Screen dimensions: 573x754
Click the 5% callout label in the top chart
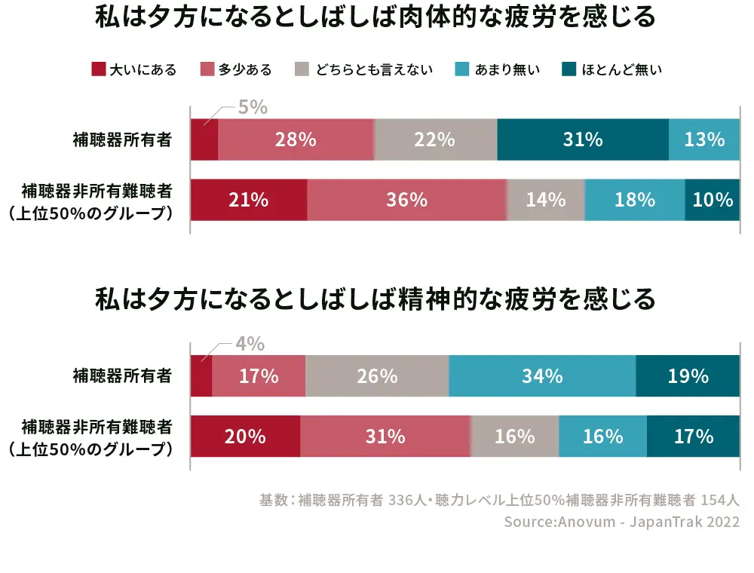[253, 108]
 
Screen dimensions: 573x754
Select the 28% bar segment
[296, 139]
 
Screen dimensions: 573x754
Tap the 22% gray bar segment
[435, 139]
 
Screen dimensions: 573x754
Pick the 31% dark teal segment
[583, 139]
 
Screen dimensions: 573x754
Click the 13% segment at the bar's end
[704, 139]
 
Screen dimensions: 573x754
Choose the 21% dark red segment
[249, 200]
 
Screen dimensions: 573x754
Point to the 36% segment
[406, 200]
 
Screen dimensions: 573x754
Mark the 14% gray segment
[546, 200]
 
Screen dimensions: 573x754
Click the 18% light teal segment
[635, 200]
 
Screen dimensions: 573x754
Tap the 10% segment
[713, 200]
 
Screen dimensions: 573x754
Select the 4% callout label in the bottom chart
[250, 345]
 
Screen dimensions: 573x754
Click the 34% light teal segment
[542, 375]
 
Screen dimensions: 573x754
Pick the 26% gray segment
[377, 375]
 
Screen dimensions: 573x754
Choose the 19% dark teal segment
[688, 375]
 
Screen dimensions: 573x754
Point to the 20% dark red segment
[245, 436]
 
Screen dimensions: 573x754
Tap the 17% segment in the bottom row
[694, 436]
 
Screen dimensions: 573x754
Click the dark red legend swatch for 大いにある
[98, 70]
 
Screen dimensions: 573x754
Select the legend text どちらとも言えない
[375, 70]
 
